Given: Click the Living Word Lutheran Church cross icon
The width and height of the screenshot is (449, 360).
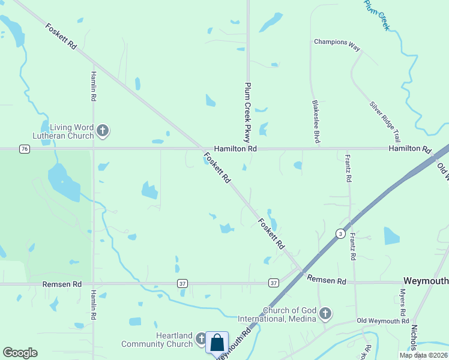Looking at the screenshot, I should click(x=103, y=130).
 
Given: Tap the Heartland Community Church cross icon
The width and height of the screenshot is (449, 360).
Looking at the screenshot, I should click(x=202, y=340).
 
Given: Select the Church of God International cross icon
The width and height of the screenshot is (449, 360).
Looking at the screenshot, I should click(x=325, y=313).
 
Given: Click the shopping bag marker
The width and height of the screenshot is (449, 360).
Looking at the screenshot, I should click(x=217, y=344).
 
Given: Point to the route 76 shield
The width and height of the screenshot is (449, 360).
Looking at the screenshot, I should click(x=24, y=149).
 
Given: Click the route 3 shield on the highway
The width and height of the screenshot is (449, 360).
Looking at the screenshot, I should click(x=340, y=233).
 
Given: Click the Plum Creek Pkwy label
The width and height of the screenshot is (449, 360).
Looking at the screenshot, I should click(x=246, y=111).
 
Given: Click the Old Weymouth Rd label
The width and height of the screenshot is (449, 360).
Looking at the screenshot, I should click(x=382, y=322).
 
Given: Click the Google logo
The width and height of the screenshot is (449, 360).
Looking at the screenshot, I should click(x=20, y=353).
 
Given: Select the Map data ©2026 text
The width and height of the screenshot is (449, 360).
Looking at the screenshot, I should click(x=423, y=355).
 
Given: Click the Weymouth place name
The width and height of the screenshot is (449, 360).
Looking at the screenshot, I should click(x=426, y=281).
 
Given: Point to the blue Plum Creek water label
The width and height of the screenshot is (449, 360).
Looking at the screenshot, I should click(x=378, y=14).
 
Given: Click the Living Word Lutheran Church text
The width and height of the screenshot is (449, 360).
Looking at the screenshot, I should click(x=71, y=131).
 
